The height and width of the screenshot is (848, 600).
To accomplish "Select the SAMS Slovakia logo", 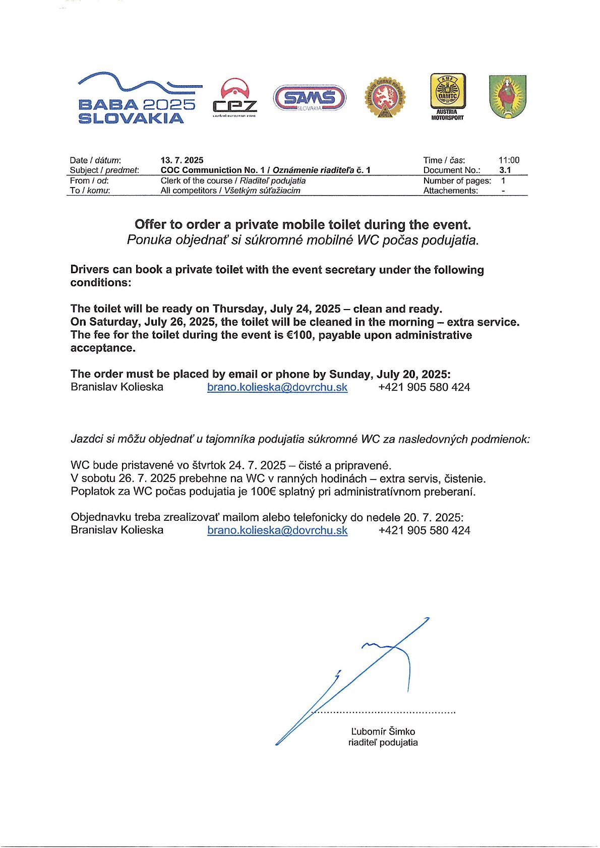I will click(309, 98).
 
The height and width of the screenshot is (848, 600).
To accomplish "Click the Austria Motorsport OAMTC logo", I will click(447, 97).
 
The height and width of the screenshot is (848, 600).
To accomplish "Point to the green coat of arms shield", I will click(507, 97).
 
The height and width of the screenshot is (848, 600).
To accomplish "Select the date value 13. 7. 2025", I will click(182, 160).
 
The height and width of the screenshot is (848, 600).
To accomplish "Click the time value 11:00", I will click(509, 160).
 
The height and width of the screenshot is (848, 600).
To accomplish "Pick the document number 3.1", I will click(505, 170).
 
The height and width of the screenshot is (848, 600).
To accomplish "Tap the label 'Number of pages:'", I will click(457, 180).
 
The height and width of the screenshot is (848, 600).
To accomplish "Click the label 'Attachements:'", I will click(450, 191).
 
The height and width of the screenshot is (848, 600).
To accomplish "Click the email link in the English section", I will click(277, 387).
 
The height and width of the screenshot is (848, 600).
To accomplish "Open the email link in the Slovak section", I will click(277, 530).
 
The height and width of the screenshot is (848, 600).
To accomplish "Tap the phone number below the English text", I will click(424, 387).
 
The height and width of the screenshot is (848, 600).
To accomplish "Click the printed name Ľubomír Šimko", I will click(383, 731).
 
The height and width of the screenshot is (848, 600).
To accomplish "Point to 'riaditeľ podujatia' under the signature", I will click(383, 742).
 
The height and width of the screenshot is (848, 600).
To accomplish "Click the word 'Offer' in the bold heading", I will click(150, 224).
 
